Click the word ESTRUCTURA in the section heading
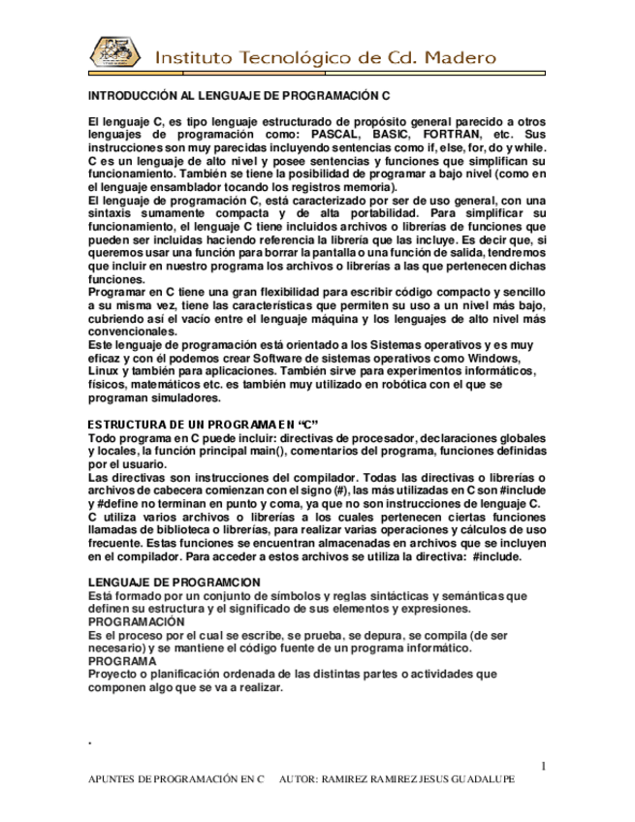[x=127, y=426]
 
